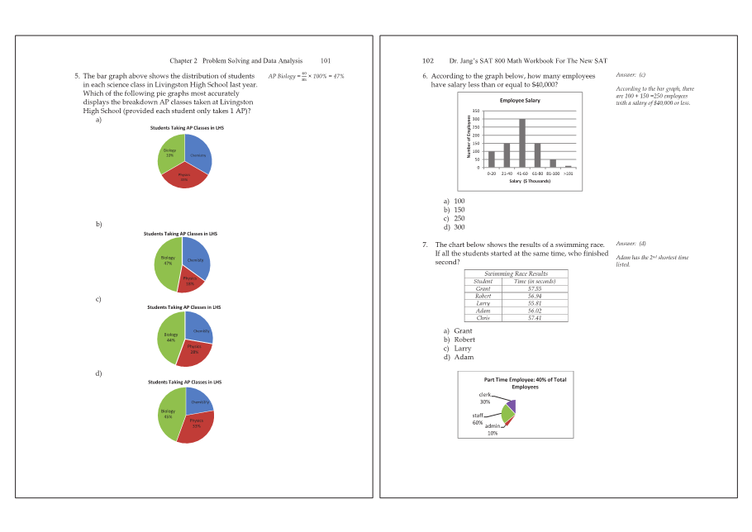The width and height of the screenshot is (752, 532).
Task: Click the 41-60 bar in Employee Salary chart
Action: point(522,144)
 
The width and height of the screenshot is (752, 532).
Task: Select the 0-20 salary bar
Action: point(492,159)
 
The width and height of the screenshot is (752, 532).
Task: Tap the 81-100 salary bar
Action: point(553,164)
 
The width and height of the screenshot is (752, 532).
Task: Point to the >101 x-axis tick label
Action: point(568,173)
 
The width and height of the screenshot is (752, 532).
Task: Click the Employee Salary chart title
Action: point(519,101)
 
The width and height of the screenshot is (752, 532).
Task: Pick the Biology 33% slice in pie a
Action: point(169,153)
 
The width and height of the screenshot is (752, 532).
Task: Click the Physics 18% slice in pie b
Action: point(191,280)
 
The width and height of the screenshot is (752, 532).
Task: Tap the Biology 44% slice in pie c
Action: point(170,339)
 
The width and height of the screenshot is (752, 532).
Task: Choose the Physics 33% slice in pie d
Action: point(197,425)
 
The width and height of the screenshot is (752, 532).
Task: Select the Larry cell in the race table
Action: point(483,303)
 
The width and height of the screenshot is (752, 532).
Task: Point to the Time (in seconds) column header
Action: point(535,282)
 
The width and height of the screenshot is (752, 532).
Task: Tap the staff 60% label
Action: point(478,419)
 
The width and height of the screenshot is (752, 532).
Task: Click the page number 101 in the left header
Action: point(326,61)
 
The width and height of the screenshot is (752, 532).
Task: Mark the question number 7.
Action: point(424,245)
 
